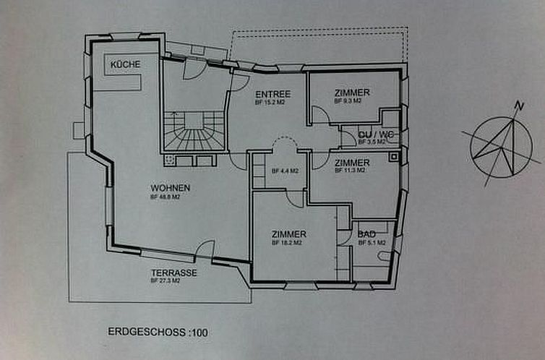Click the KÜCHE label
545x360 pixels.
(x=124, y=65)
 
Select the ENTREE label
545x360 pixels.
(x=273, y=95)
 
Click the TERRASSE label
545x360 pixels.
(x=173, y=273)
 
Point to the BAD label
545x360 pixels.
(x=366, y=235)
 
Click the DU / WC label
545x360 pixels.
(x=370, y=133)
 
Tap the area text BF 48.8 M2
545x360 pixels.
(x=165, y=197)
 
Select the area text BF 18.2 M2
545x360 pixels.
(x=286, y=243)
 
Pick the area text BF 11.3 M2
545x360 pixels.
(x=350, y=171)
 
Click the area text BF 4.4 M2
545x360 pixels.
(x=282, y=171)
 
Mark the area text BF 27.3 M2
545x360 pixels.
(x=166, y=280)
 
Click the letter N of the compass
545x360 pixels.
(x=518, y=106)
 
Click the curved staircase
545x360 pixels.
(x=192, y=133)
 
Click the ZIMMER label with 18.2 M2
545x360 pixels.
(x=289, y=234)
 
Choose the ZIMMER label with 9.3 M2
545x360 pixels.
(x=353, y=93)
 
